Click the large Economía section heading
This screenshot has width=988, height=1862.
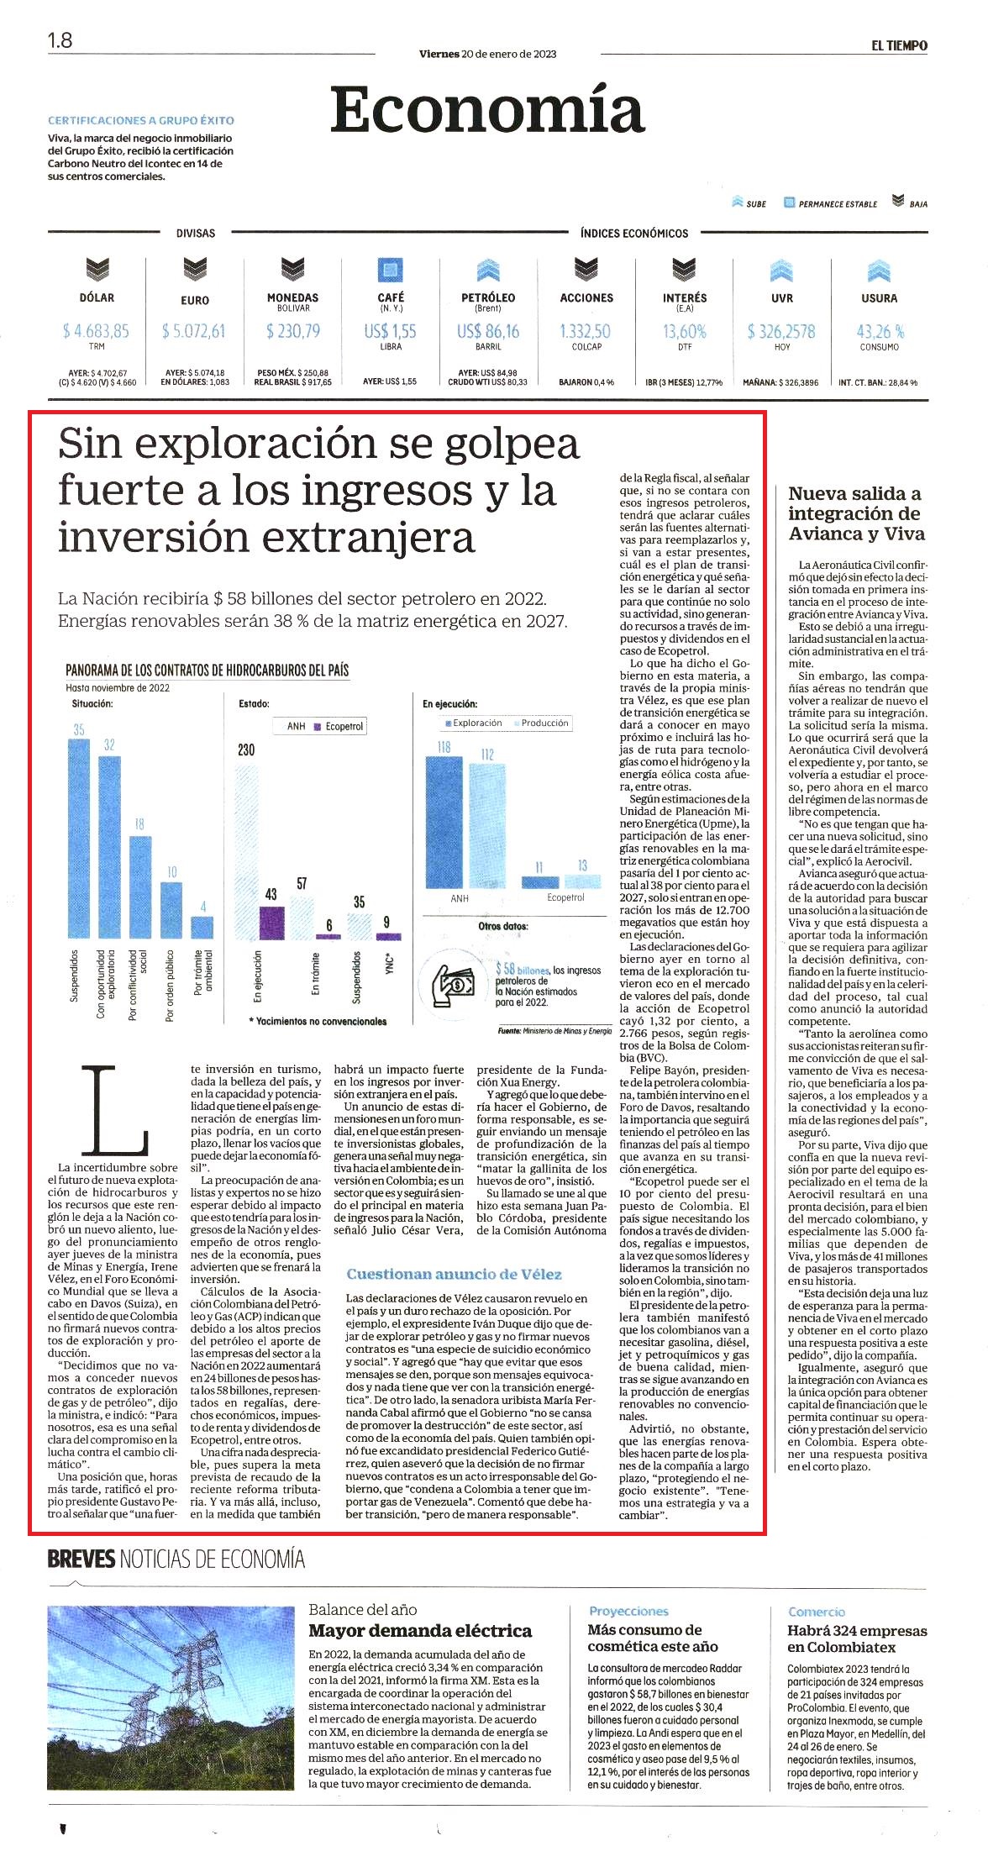[487, 110]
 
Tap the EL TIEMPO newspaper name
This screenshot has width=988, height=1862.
[899, 45]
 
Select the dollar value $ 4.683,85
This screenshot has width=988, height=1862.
[96, 331]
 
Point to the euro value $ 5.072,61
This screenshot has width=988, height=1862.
[194, 331]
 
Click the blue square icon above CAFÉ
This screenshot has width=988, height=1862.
[390, 270]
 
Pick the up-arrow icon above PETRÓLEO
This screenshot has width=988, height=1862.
[488, 270]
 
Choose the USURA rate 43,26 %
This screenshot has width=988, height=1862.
[880, 331]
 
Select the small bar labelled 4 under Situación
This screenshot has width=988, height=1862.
[202, 928]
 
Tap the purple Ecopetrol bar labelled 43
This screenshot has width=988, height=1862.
[271, 923]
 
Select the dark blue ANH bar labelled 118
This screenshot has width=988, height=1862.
[444, 822]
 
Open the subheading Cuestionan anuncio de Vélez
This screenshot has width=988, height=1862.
[454, 1274]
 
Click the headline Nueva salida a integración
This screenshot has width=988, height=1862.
[856, 513]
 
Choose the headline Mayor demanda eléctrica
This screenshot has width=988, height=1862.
[420, 1630]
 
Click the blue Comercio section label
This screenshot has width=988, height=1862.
[817, 1612]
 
